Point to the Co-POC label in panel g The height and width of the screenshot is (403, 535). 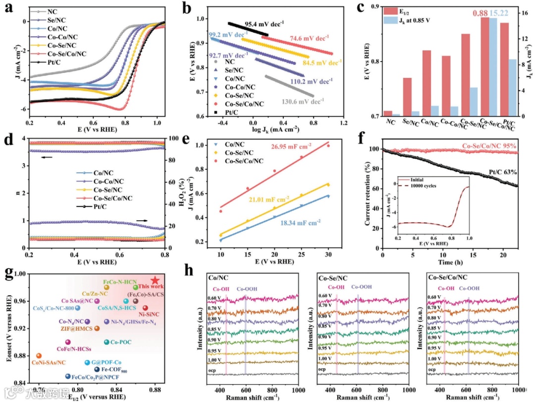[120, 342]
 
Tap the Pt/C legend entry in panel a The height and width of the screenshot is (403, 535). [58, 62]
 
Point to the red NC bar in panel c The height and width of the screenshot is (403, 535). [388, 114]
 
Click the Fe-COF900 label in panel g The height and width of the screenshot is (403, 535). [119, 370]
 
